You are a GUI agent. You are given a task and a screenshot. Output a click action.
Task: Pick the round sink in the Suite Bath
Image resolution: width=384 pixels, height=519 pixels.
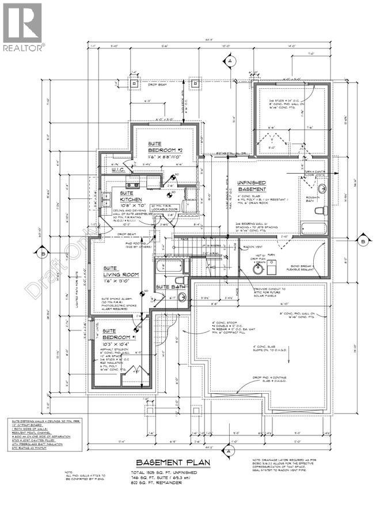(x=181, y=297)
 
